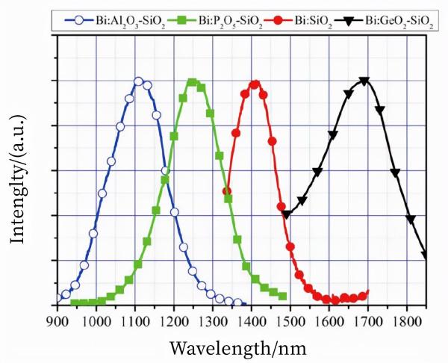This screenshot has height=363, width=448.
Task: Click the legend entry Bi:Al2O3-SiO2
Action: pos(97,15)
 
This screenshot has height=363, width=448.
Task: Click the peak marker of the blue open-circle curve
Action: pos(138,81)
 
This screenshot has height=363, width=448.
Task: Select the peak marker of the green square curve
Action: pos(192,82)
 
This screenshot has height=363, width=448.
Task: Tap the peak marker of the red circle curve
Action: pos(255,84)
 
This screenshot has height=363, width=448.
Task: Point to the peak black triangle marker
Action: pos(364,81)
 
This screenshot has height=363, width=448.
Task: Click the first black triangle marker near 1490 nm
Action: pos(286,214)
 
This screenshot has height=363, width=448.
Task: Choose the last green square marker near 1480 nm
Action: pos(283,296)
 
